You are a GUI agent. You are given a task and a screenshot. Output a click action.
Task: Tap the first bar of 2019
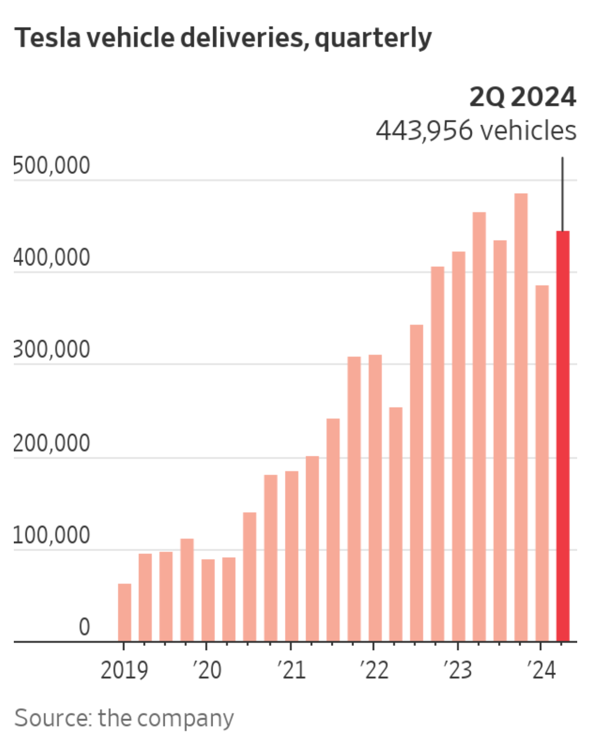(x=124, y=612)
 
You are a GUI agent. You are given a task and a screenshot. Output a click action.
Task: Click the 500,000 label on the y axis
(x=52, y=166)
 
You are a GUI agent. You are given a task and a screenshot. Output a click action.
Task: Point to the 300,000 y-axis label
(x=52, y=350)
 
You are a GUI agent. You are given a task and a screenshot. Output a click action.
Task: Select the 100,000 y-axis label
(x=52, y=536)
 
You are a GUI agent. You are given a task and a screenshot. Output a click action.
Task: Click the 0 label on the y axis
(x=84, y=627)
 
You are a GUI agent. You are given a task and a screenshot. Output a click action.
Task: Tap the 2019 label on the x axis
(x=124, y=670)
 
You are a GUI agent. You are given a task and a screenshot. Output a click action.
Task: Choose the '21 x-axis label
(x=291, y=670)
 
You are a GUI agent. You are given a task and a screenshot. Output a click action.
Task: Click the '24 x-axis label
(x=541, y=670)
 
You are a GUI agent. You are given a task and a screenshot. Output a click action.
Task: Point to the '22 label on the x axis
(x=374, y=670)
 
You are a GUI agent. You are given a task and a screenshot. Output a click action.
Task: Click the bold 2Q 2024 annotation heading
(x=522, y=97)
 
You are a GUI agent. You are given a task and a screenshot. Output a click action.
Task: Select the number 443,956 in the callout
(x=424, y=131)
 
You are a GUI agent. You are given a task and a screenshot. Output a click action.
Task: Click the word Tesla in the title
(x=47, y=38)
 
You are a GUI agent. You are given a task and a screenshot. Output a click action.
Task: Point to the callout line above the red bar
(x=562, y=193)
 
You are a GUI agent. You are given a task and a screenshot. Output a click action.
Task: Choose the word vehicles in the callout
(x=528, y=131)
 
